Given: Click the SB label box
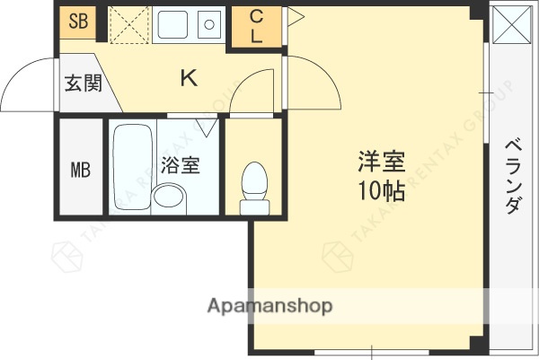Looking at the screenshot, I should pyautogui.click(x=78, y=22).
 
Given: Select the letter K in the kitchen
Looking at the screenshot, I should pyautogui.click(x=189, y=79).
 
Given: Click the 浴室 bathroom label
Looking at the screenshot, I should pyautogui.click(x=180, y=165).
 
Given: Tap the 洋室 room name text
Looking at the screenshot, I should pyautogui.click(x=382, y=163).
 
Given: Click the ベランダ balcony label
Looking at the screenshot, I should pyautogui.click(x=513, y=176).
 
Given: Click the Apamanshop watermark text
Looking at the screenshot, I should pyautogui.click(x=269, y=305).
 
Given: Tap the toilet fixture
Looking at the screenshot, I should pyautogui.click(x=255, y=186).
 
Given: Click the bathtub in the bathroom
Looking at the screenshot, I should pyautogui.click(x=133, y=153).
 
